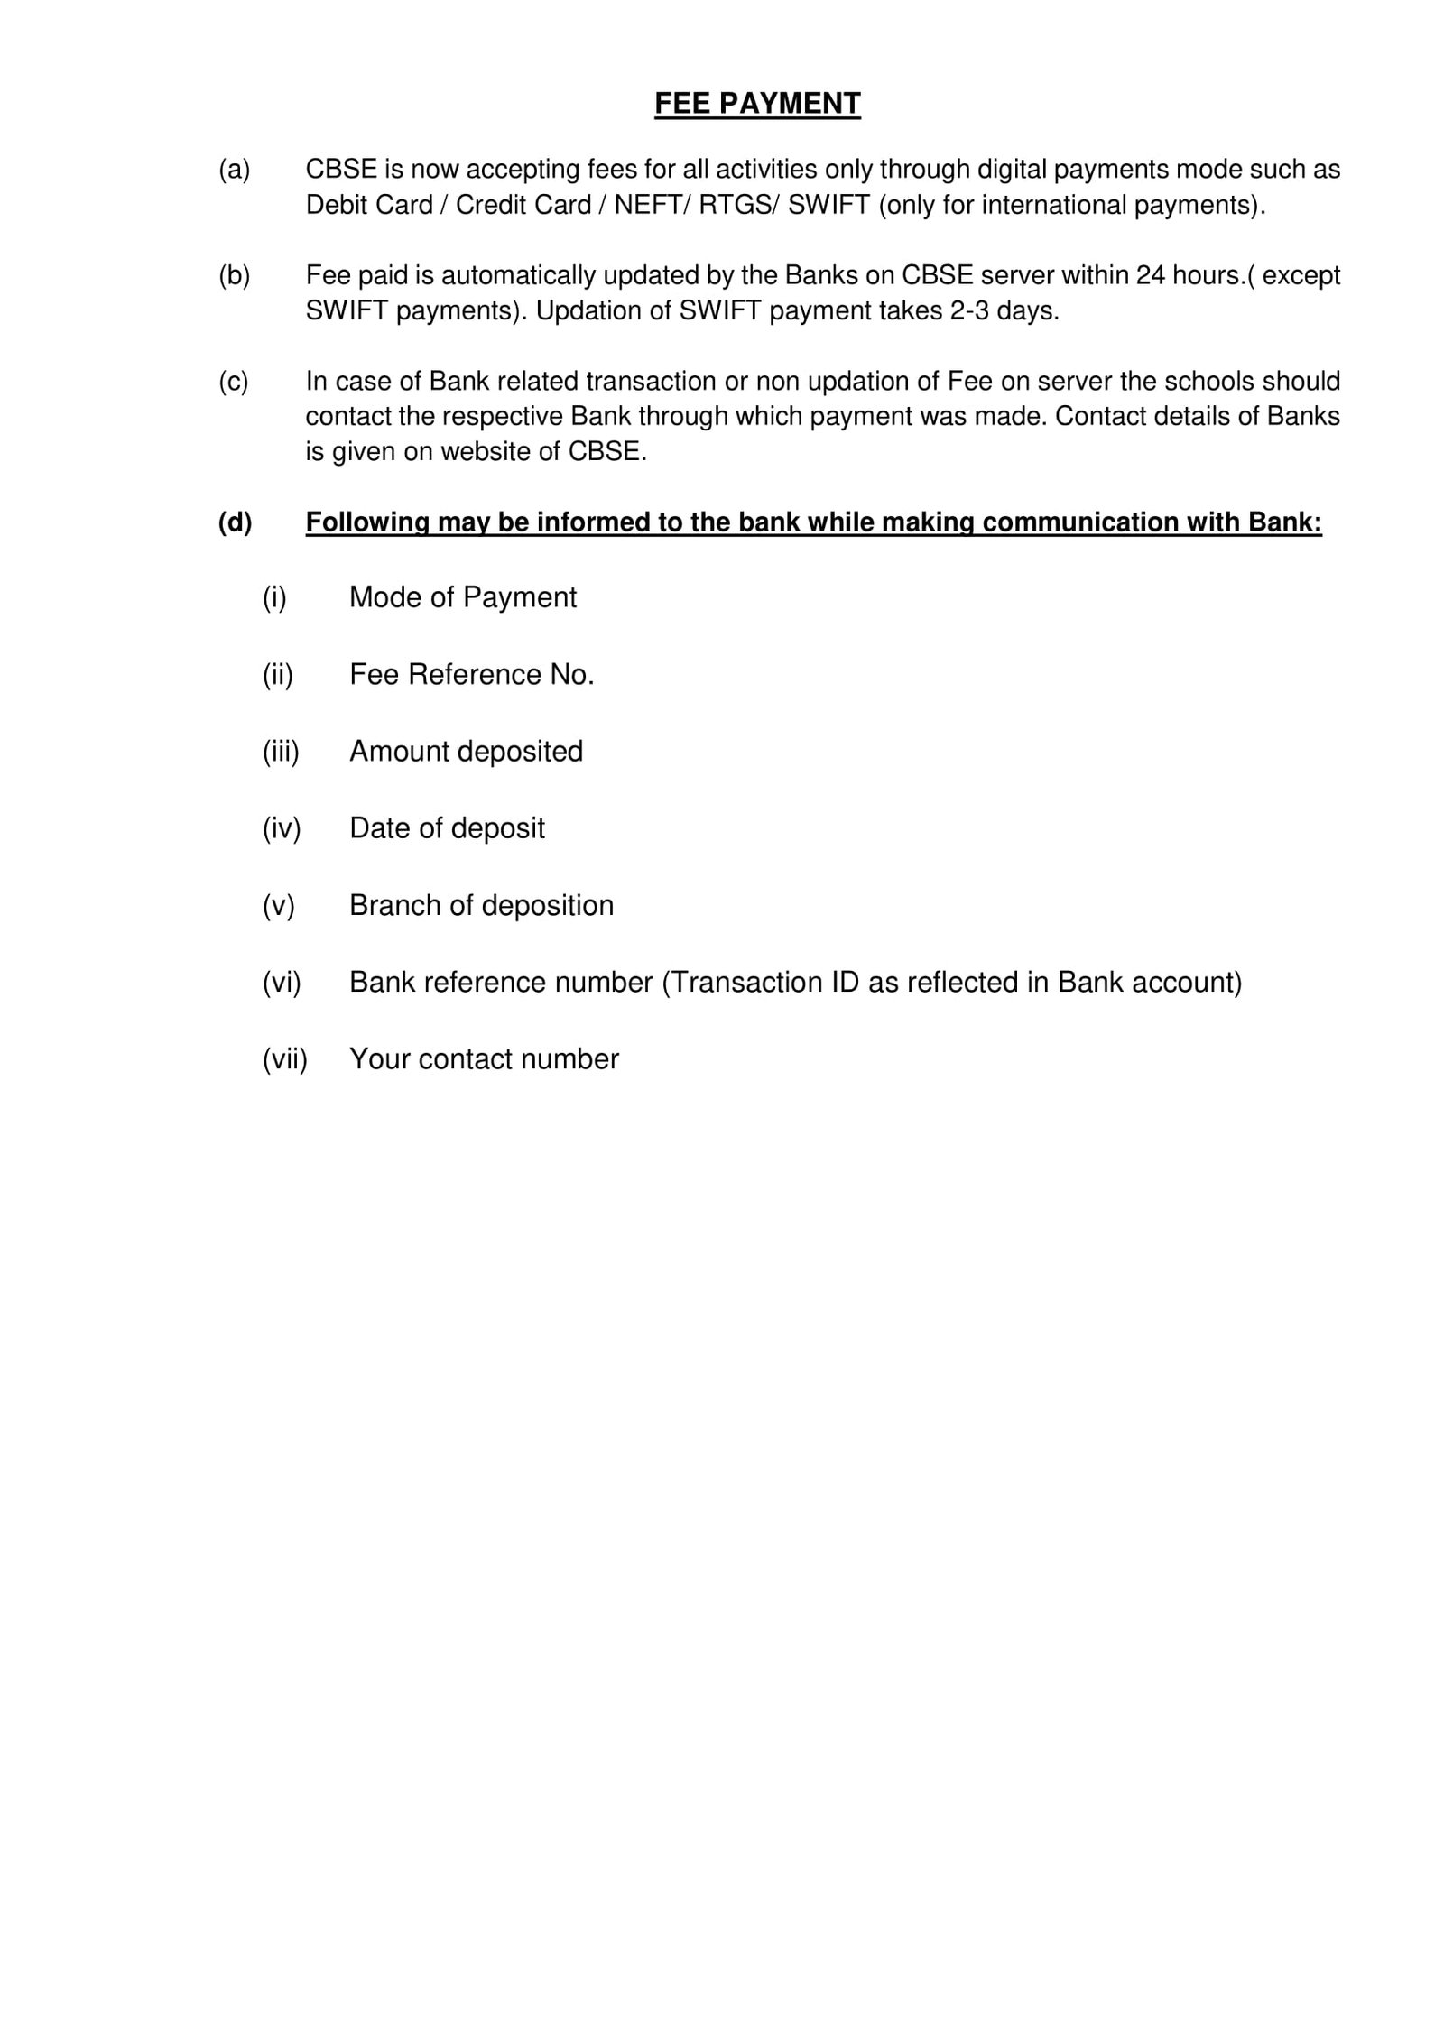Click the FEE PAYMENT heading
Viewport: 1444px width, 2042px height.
pos(757,104)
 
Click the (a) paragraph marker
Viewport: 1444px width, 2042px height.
pos(234,170)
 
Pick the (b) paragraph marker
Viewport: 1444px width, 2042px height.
pos(234,275)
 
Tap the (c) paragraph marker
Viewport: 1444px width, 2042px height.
pos(234,381)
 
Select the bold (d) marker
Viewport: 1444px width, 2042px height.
pos(235,522)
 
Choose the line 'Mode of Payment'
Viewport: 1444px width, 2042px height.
pos(462,597)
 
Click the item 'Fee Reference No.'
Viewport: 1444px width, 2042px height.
pos(471,675)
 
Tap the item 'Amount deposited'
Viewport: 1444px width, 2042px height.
pos(466,752)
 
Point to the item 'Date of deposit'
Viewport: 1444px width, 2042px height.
pos(447,828)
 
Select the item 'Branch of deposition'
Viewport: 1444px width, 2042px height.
pos(481,905)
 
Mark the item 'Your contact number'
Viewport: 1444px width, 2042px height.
pos(484,1058)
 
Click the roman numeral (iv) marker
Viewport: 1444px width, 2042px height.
pos(282,828)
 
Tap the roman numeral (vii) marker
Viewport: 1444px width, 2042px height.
pos(285,1058)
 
